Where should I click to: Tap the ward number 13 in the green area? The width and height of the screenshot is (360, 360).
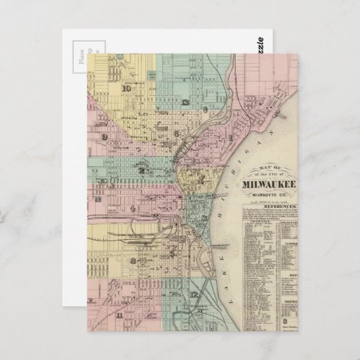pyautogui.click(x=185, y=101)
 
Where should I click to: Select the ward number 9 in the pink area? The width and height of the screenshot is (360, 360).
pyautogui.click(x=105, y=137)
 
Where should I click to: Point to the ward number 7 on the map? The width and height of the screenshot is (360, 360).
pyautogui.click(x=202, y=178)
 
